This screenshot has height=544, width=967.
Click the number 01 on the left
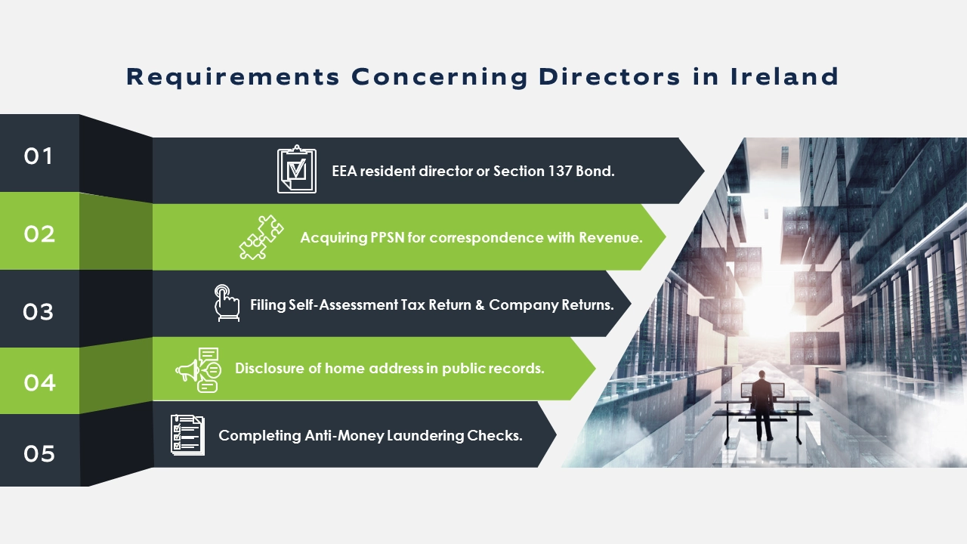point(39,156)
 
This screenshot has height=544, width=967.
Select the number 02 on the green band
point(39,234)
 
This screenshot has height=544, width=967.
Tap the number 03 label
point(39,312)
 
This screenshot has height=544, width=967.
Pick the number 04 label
point(40,382)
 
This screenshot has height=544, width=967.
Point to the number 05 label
point(39,454)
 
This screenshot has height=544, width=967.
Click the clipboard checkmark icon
point(297,169)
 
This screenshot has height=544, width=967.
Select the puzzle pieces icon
point(261,237)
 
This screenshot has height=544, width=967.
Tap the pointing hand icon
point(227,303)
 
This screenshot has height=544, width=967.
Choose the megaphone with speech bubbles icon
point(199,370)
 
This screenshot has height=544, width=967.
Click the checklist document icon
point(188,435)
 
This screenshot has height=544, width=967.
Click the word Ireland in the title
point(784,76)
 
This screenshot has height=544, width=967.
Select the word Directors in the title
point(610,76)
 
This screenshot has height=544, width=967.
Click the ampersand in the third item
point(480,305)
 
